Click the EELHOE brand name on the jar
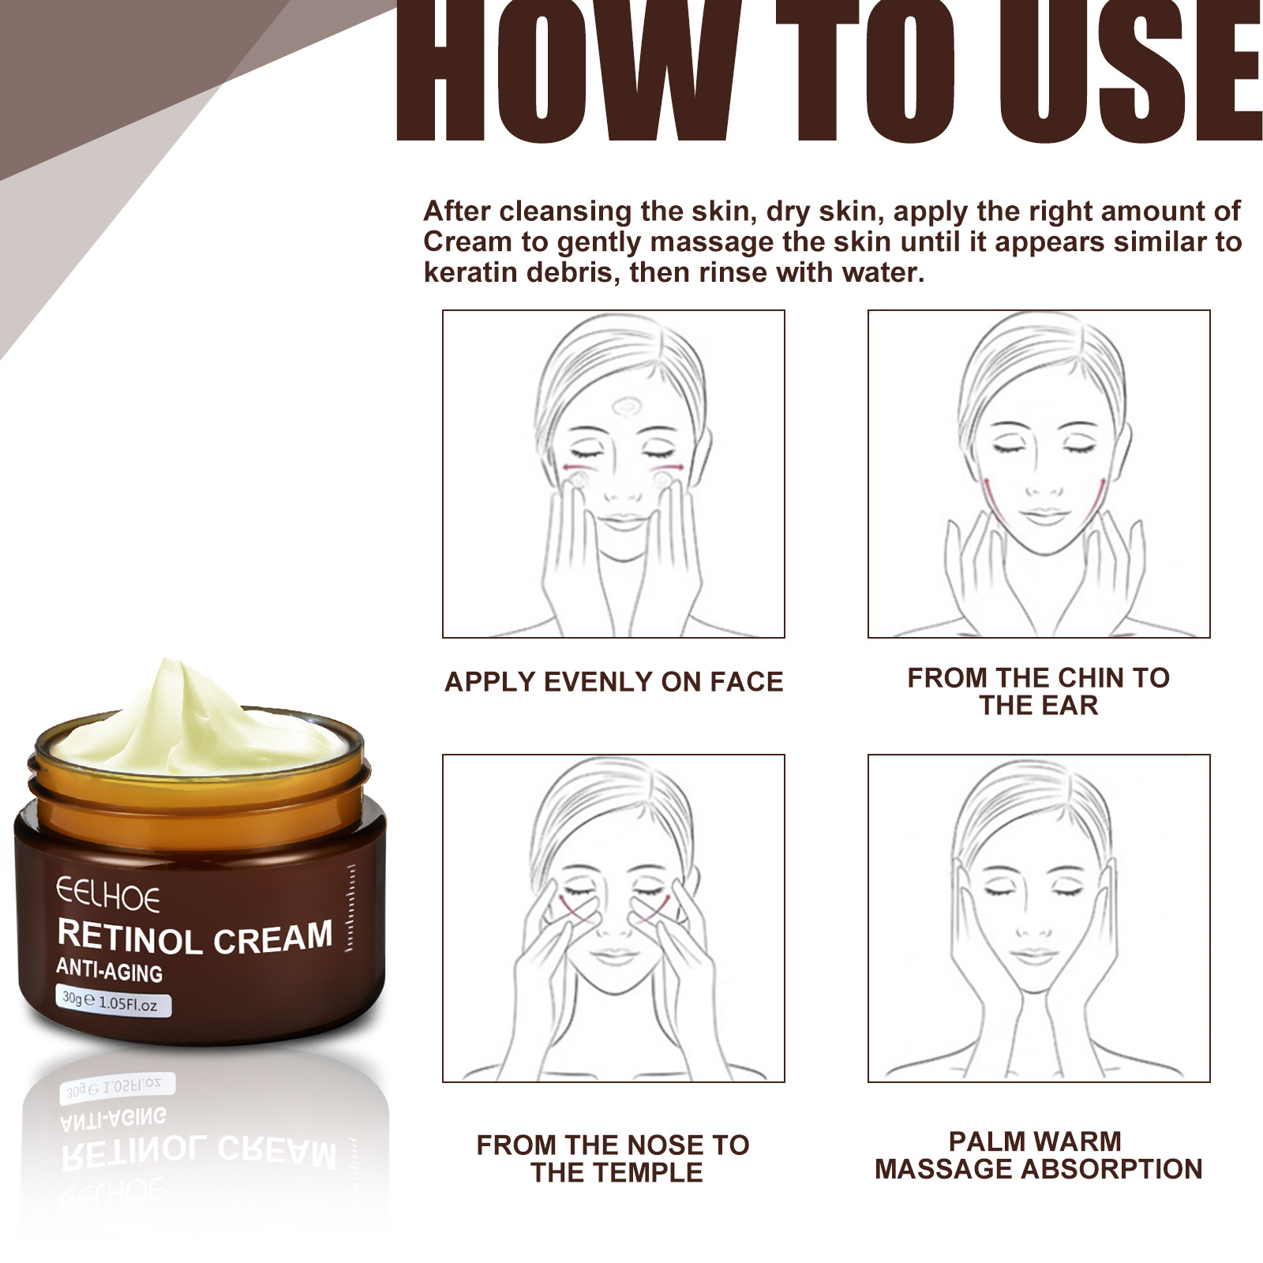[x=108, y=896]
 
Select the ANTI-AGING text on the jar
[x=110, y=970]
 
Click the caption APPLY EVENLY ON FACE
[x=613, y=681]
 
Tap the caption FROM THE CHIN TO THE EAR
[x=1038, y=691]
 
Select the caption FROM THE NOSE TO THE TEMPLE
[x=613, y=1158]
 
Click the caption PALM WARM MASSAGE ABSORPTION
[x=1038, y=1155]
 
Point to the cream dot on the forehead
[x=628, y=407]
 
